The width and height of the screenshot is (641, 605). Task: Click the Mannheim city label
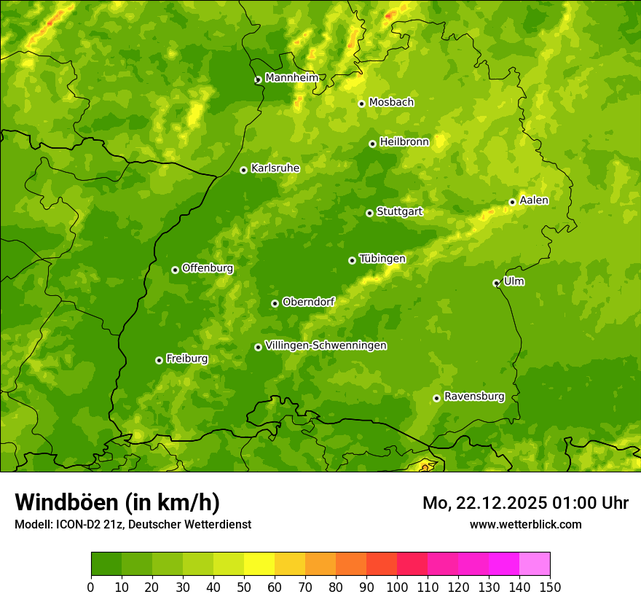click(x=291, y=78)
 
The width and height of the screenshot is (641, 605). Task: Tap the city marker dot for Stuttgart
click(x=369, y=213)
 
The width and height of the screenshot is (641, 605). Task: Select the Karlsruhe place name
click(x=275, y=168)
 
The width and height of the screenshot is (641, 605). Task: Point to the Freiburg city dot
click(x=159, y=360)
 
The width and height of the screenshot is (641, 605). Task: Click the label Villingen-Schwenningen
click(x=326, y=346)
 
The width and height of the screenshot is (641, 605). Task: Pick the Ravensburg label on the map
click(x=473, y=397)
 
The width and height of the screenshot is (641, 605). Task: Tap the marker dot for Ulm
click(x=496, y=283)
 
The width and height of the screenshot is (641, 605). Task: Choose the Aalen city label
click(x=533, y=200)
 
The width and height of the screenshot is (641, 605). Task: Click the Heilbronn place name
click(x=404, y=142)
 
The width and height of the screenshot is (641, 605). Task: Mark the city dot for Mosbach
click(x=361, y=104)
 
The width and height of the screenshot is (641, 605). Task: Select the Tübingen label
click(x=382, y=259)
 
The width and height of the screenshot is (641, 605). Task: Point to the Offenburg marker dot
click(x=175, y=270)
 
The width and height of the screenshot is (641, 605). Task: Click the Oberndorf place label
click(x=308, y=302)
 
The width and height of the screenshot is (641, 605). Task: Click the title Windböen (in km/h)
click(x=117, y=502)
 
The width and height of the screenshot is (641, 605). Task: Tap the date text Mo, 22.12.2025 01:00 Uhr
click(x=525, y=503)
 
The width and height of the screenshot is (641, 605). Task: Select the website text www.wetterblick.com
click(x=525, y=524)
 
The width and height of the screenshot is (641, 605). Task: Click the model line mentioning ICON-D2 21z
click(x=133, y=524)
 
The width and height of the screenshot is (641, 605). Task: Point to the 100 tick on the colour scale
click(x=397, y=587)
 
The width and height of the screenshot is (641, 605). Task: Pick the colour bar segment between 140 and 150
click(x=535, y=564)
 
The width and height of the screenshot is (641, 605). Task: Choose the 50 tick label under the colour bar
click(x=244, y=587)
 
